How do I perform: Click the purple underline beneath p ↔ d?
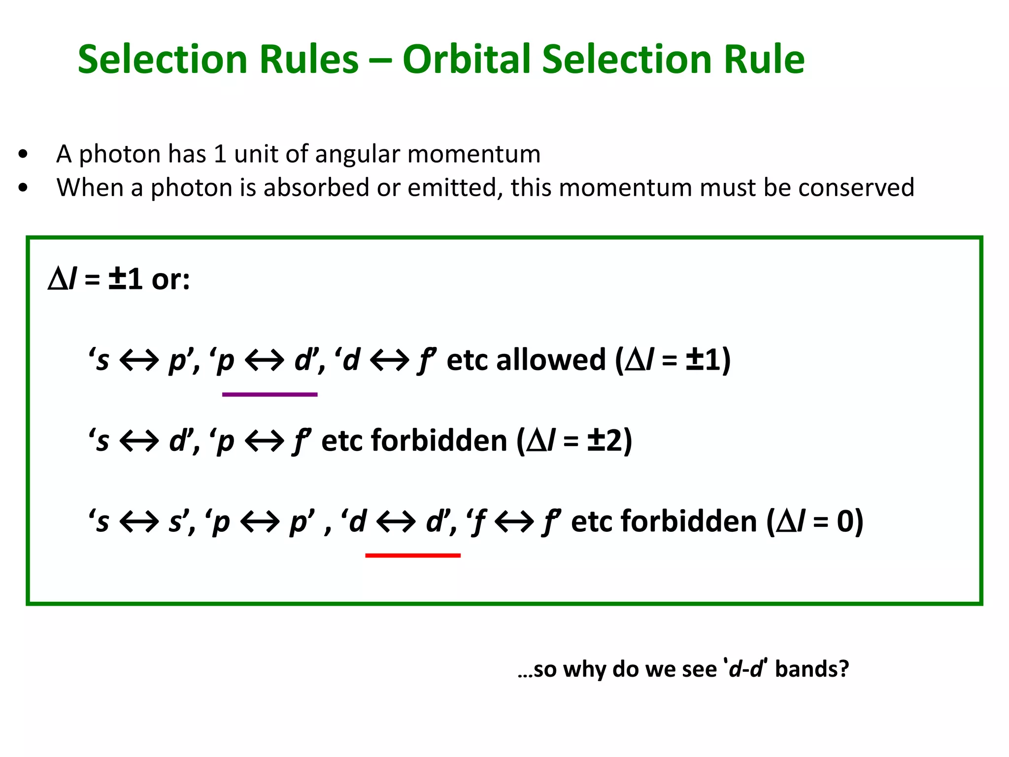click(269, 394)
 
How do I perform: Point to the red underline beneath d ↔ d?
click(413, 555)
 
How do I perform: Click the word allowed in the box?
click(550, 360)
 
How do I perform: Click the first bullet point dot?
click(23, 154)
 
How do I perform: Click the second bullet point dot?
click(23, 188)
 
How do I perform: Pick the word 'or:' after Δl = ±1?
click(170, 279)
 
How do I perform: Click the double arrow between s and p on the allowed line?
click(139, 360)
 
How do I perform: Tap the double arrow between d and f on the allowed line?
click(389, 360)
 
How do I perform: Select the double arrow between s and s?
click(139, 521)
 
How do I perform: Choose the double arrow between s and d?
click(139, 440)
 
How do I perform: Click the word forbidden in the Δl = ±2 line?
click(438, 440)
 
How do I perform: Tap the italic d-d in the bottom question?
click(745, 669)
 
